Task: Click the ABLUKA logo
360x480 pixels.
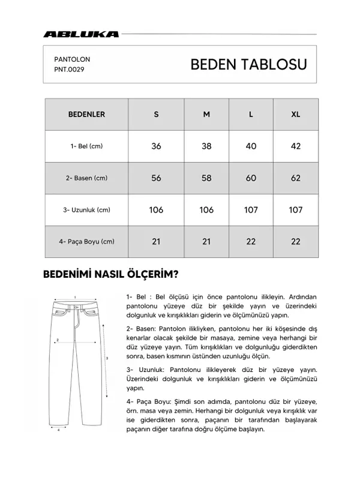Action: pyautogui.click(x=81, y=34)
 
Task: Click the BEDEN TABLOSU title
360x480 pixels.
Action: pyautogui.click(x=248, y=65)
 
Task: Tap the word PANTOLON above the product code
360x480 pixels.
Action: pyautogui.click(x=72, y=60)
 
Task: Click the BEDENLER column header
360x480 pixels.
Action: pyautogui.click(x=86, y=114)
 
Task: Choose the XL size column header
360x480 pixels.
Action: pyautogui.click(x=295, y=114)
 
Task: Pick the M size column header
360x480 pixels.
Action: pyautogui.click(x=206, y=114)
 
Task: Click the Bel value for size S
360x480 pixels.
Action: pyautogui.click(x=157, y=146)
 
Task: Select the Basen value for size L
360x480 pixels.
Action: pyautogui.click(x=251, y=178)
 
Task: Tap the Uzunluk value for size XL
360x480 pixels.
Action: pyautogui.click(x=295, y=209)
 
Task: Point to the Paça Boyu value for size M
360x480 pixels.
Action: pyautogui.click(x=206, y=241)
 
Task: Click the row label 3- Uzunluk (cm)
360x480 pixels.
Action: pyautogui.click(x=86, y=210)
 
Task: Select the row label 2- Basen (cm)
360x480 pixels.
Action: pyautogui.click(x=86, y=178)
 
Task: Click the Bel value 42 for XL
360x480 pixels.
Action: pyautogui.click(x=295, y=146)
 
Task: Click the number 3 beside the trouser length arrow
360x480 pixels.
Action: pyautogui.click(x=107, y=358)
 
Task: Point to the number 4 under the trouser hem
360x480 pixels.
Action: pyautogui.click(x=58, y=430)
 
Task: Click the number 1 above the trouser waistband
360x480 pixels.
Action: pyautogui.click(x=74, y=296)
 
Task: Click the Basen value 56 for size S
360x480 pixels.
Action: pyautogui.click(x=157, y=178)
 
